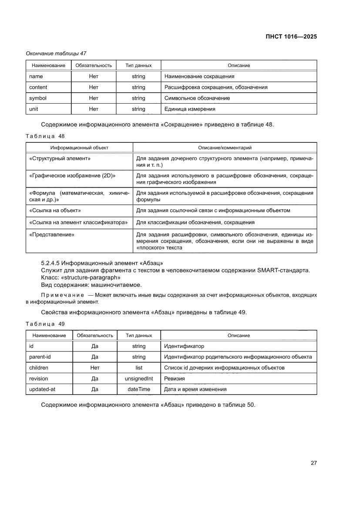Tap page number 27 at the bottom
pos(313,463)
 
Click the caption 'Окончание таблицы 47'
pos(56,54)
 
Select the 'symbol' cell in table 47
pos(37,98)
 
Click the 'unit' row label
pos(34,109)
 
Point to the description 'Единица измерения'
pos(189,109)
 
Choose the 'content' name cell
pos(38,87)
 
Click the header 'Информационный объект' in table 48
pos(79,148)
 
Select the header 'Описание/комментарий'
pos(225,148)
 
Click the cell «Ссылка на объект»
pos(55,210)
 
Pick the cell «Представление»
pos(51,235)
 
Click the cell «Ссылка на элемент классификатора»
pos(78,222)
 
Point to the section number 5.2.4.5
pos(52,263)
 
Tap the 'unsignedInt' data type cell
pos(138,378)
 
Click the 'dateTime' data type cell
pos(138,389)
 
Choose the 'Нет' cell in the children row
pos(95,367)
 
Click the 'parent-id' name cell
pos(40,357)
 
